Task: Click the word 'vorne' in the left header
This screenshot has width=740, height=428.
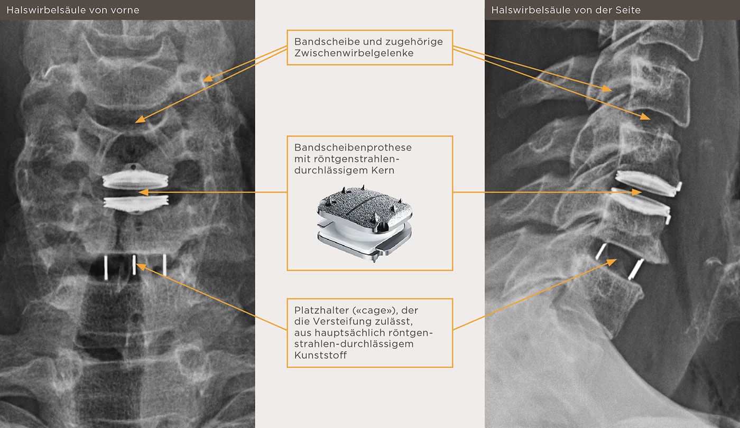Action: [126, 10]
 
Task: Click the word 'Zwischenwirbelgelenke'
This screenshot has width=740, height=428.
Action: [354, 53]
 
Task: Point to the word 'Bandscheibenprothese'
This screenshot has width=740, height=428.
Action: [353, 147]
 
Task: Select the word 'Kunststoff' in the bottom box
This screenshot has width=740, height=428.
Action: [320, 355]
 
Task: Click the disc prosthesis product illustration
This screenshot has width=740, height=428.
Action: [364, 224]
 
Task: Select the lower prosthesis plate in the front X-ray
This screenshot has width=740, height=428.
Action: [136, 204]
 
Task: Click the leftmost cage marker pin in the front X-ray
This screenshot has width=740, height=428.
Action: [106, 268]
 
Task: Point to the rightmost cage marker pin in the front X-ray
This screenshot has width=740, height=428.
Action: [164, 265]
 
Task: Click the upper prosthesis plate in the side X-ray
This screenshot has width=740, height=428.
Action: [647, 184]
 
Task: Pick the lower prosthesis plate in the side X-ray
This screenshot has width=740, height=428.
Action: [640, 207]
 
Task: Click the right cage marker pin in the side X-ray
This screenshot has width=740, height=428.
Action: [636, 269]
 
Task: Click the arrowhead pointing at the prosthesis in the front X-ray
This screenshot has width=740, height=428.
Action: [143, 192]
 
